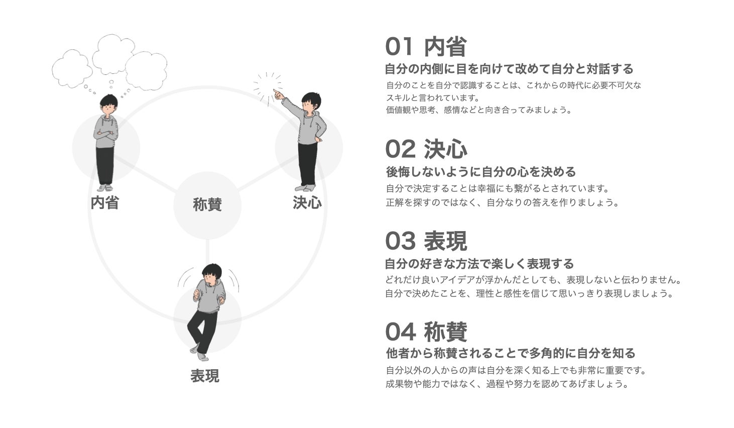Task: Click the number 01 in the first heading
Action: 399,47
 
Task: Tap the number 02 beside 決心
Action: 401,149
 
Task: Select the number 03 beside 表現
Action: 401,241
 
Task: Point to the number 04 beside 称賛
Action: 401,332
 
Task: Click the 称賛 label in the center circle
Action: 207,204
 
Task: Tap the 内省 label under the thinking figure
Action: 105,202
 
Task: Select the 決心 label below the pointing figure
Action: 307,202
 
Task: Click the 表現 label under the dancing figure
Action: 205,376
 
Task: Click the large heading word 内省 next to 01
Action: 446,47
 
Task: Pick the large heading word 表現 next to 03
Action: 446,241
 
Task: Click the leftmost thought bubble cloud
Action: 72,68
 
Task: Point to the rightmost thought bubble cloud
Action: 146,70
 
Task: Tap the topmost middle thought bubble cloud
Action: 113,54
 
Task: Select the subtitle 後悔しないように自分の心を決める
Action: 480,172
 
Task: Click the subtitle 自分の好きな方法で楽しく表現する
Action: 479,264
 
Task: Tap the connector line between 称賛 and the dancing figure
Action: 207,252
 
